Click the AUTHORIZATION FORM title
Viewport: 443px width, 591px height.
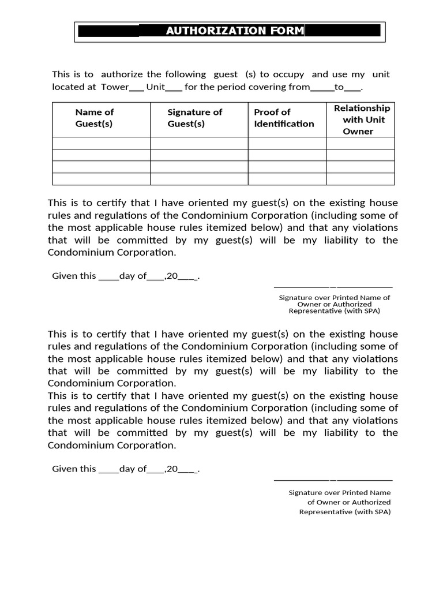tap(234, 31)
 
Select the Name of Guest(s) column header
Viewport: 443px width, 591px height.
tap(95, 118)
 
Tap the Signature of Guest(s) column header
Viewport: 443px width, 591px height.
tap(194, 118)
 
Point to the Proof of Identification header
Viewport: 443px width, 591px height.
tap(284, 118)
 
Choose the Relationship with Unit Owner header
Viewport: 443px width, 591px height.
tap(361, 119)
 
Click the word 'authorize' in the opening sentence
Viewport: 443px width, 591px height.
tap(122, 74)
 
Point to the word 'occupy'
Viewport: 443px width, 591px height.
tap(288, 74)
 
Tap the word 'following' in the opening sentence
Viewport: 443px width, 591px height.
tap(185, 74)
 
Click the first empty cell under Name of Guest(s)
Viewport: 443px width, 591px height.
tap(101, 143)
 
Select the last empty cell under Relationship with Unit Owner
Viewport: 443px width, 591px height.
tap(361, 179)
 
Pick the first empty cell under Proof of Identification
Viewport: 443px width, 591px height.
tap(287, 143)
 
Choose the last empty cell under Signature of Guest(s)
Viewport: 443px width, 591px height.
tap(199, 179)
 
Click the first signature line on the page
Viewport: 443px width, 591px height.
tap(333, 287)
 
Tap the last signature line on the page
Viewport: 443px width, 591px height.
tap(333, 480)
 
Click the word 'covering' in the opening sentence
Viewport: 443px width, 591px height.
tap(267, 87)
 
